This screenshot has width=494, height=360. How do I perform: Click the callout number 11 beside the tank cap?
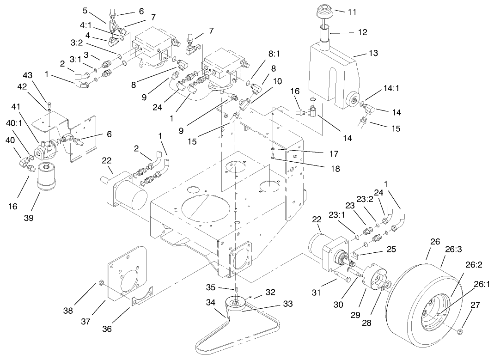click(352, 12)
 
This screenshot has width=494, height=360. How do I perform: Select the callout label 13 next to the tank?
click(372, 53)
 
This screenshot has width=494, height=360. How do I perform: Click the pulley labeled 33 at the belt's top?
click(236, 304)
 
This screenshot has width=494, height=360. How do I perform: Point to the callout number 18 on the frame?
click(335, 169)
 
